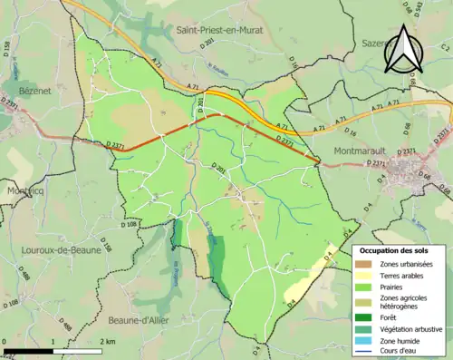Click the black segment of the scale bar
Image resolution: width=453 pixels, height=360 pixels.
click(x=27, y=351)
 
